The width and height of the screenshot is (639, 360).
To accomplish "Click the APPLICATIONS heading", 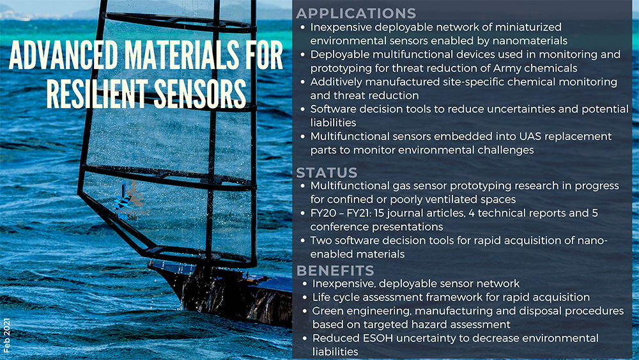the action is [x=356, y=13].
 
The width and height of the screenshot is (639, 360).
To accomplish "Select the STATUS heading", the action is [x=327, y=173].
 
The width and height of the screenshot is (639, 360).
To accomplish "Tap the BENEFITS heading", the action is [x=335, y=270].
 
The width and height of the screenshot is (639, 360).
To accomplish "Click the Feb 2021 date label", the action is [x=7, y=335].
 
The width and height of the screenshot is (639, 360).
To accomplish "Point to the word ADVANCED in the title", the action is [x=63, y=56].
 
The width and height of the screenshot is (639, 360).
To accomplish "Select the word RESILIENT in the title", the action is [x=97, y=93].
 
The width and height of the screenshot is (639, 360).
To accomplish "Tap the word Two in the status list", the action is [x=320, y=240].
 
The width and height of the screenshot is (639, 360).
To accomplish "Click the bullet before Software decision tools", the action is [x=302, y=109].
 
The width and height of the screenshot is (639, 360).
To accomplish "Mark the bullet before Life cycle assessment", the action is [x=304, y=297].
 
